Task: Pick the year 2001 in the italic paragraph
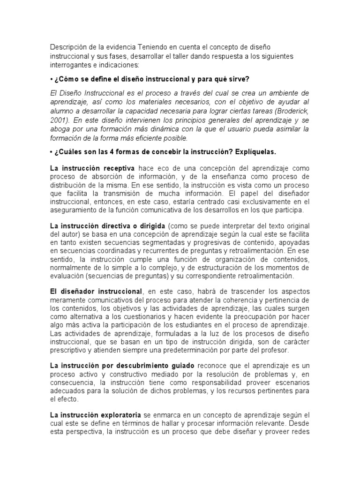(x=58, y=120)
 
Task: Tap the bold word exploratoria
(x=119, y=415)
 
